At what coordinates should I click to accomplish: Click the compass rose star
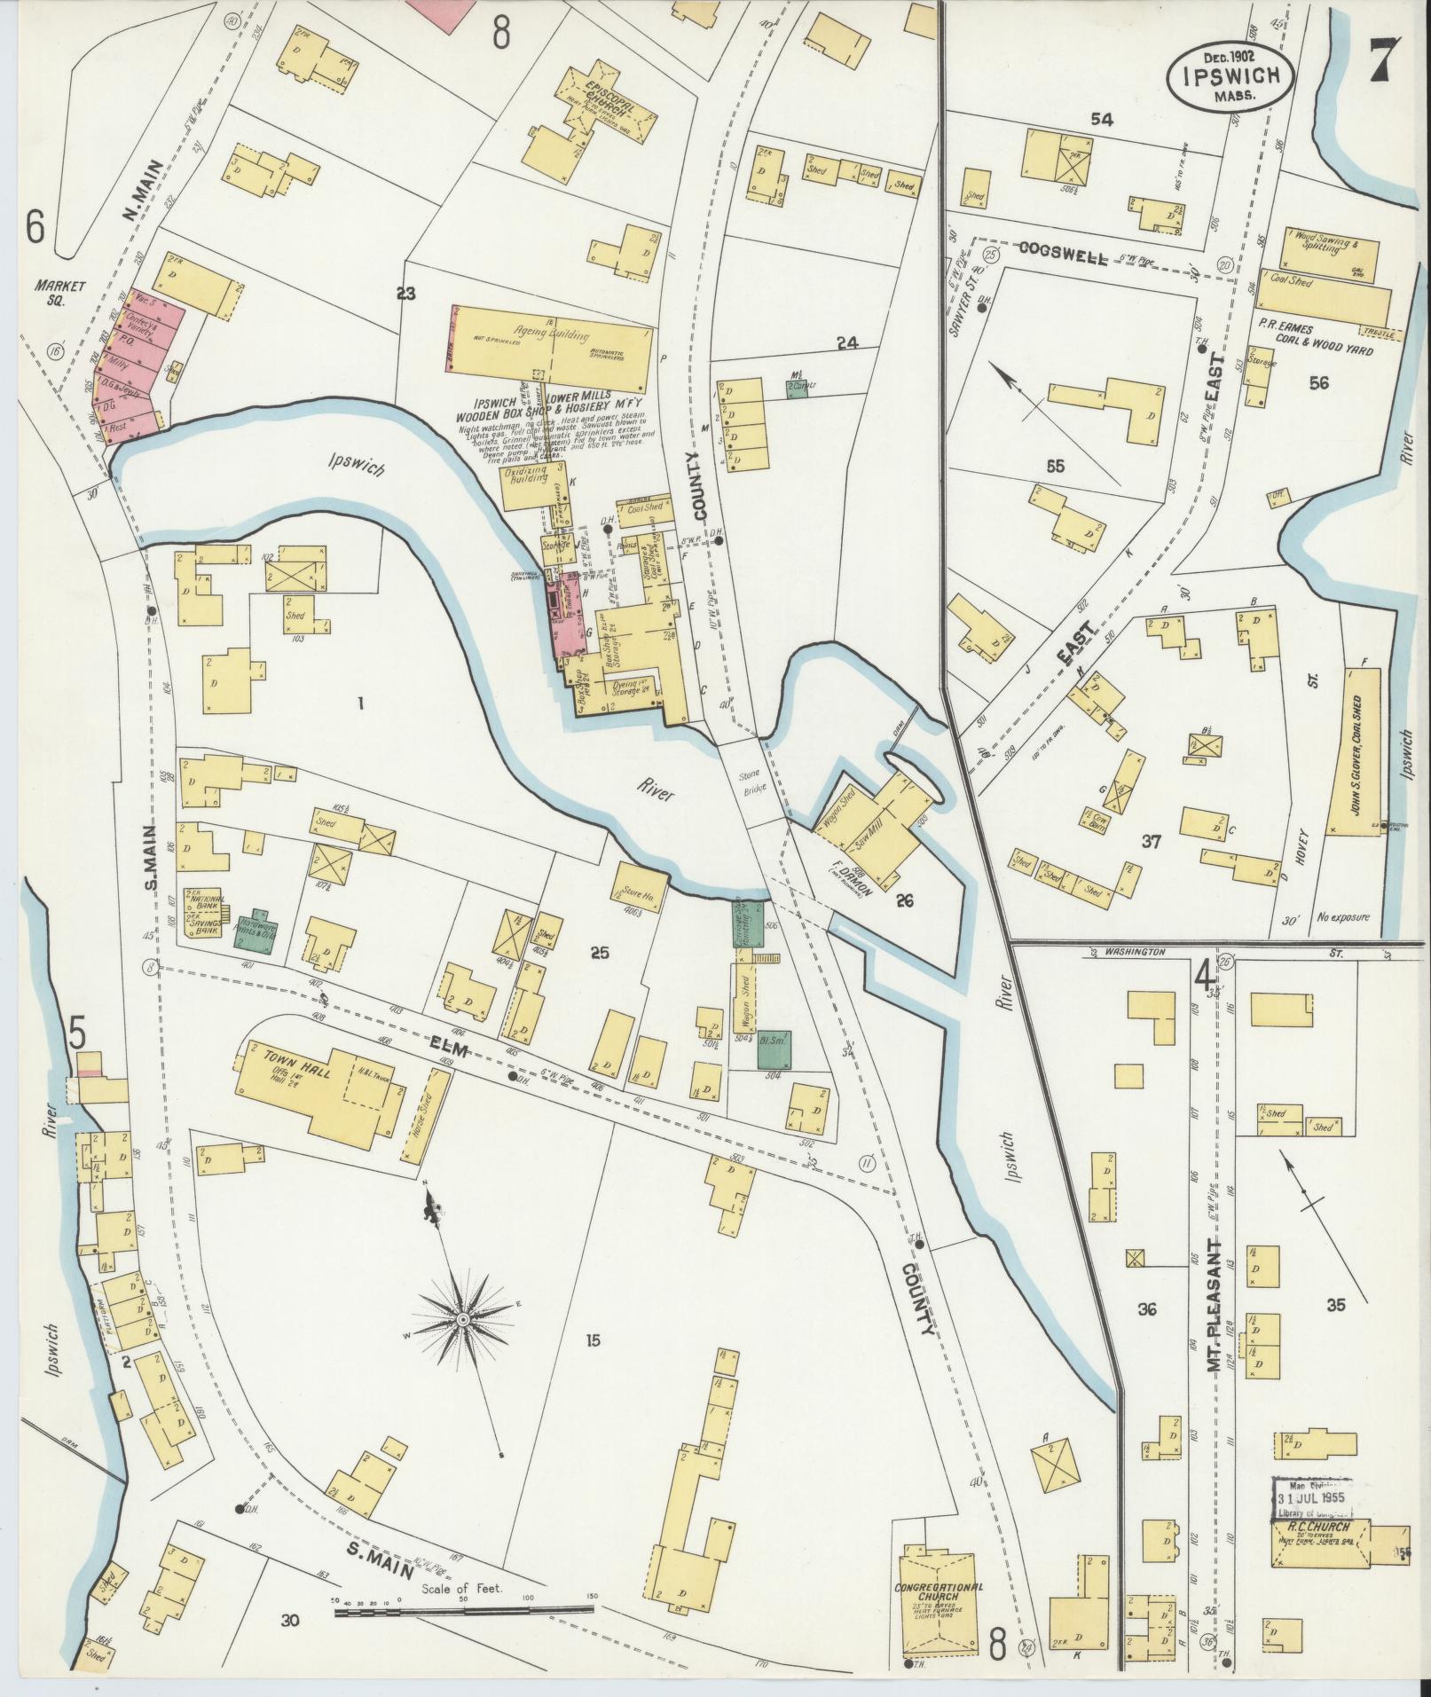462,1321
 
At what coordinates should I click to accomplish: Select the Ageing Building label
555,335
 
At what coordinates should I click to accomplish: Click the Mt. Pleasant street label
1215,1308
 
